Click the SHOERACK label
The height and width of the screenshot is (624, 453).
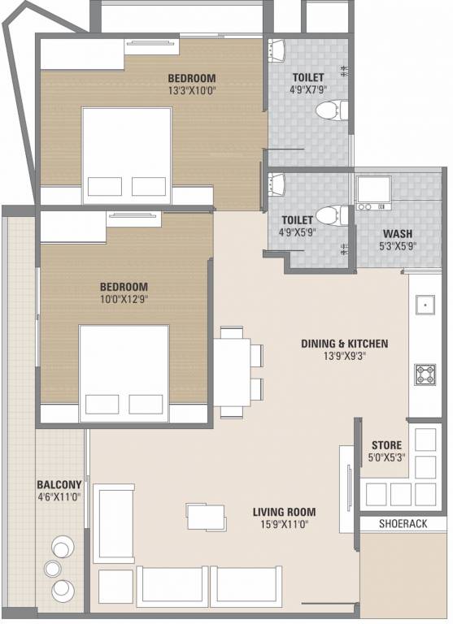403,524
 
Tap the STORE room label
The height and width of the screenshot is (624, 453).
386,445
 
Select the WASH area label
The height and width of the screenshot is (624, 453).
397,234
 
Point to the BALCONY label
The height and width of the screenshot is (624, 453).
59,485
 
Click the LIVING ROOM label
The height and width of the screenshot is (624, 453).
284,512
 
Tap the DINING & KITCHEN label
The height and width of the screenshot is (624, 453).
344,344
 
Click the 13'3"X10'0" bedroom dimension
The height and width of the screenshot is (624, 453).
192,90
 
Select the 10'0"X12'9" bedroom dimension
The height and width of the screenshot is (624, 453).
124,299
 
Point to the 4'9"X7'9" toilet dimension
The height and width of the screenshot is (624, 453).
308,89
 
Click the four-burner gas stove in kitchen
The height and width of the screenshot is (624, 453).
425,375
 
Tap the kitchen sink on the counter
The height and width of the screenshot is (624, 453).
425,305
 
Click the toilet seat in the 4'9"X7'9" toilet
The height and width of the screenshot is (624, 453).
332,110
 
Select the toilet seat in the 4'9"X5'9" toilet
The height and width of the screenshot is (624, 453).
331,215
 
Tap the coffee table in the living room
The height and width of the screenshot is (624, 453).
207,517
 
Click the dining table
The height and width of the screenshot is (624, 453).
232,371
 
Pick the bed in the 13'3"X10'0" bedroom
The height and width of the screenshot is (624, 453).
127,155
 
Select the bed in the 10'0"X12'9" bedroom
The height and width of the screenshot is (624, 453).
124,373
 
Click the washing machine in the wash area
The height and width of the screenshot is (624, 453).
374,193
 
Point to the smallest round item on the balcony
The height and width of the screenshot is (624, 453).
53,568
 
